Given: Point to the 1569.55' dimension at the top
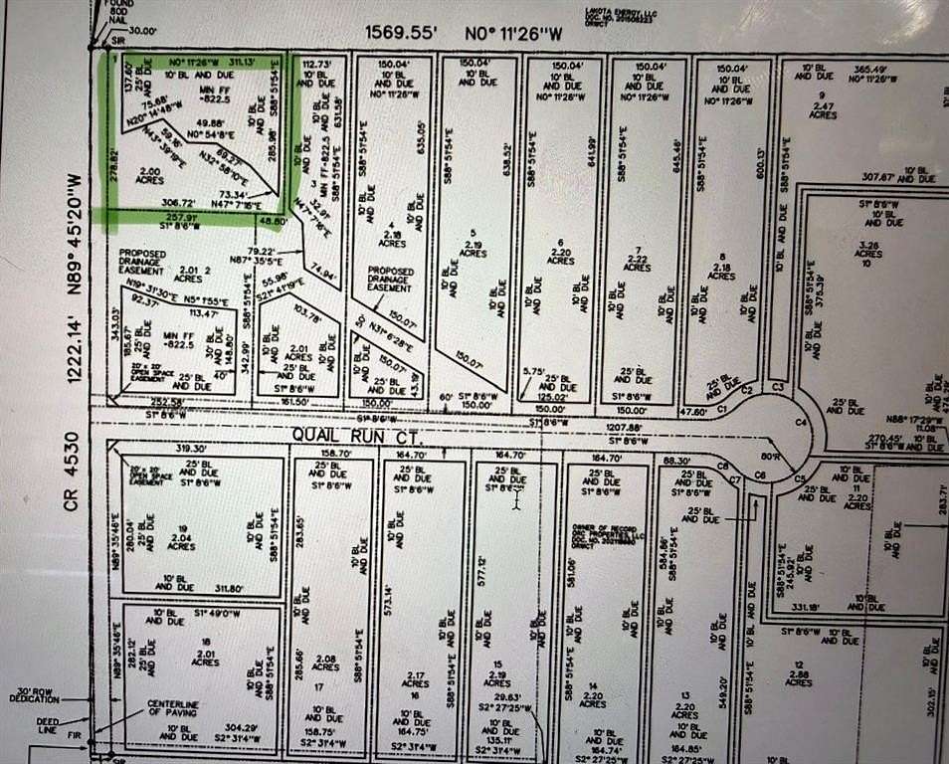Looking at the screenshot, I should (402, 32).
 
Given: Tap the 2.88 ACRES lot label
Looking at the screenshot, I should (798, 677).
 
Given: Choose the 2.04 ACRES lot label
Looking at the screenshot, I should (181, 541).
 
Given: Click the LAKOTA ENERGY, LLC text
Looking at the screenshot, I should (615, 11).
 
